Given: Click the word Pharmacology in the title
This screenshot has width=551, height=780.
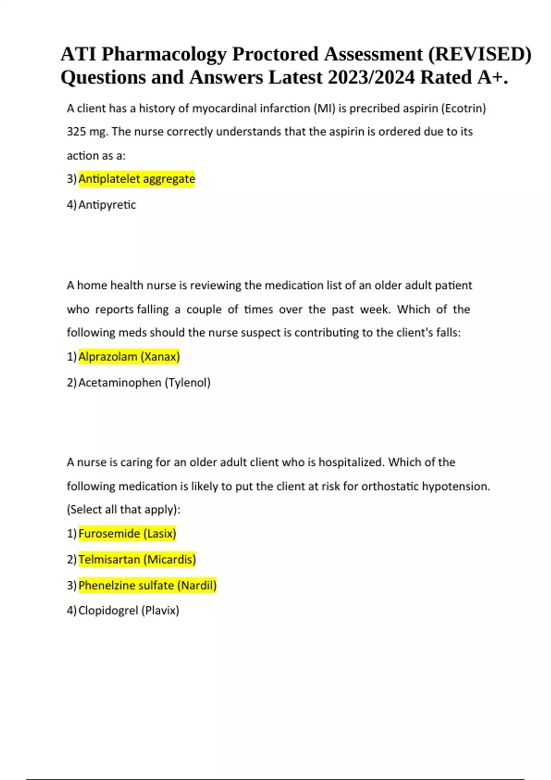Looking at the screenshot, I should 164,54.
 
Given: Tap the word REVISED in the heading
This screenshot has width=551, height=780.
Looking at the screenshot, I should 479,54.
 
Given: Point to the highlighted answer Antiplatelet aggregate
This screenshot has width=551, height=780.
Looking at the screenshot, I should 136,178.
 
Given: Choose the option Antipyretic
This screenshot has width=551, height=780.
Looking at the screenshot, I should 107,205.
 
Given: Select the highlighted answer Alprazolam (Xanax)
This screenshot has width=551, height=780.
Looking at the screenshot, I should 129,357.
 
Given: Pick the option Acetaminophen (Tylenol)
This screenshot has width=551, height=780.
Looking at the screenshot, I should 144,383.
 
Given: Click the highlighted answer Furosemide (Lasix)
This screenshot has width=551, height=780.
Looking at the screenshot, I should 127,534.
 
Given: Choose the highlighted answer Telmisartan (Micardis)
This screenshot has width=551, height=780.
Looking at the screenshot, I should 137,560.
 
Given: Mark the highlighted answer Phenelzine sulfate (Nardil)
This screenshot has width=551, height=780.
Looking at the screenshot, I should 147,585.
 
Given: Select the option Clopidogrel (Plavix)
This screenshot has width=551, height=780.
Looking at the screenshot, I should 129,611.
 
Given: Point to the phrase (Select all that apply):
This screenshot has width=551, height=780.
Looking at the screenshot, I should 124,510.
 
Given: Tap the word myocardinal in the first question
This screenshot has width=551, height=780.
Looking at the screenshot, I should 228,108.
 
